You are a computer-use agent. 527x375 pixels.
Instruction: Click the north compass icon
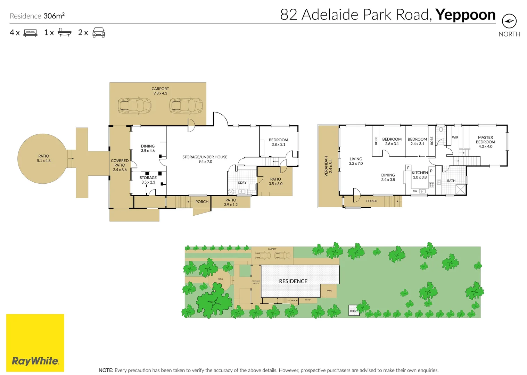[x=509, y=21]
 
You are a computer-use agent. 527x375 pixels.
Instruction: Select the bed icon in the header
[x=30, y=33]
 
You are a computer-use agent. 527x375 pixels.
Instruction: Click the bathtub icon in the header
[x=64, y=33]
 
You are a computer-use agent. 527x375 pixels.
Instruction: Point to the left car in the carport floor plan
[x=134, y=106]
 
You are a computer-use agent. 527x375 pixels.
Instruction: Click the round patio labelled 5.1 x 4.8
[x=44, y=159]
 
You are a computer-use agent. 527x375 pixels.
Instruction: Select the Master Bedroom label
[x=485, y=142]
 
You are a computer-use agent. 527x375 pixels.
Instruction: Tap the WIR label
[x=455, y=137]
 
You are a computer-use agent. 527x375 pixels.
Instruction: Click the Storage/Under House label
[x=205, y=159]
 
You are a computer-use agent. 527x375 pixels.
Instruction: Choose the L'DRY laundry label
[x=242, y=183]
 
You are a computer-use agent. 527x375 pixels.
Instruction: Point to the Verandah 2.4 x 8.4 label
[x=328, y=166]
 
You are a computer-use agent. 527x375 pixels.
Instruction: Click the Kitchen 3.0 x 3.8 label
[x=420, y=175]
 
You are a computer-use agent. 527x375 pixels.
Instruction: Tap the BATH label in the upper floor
[x=451, y=181]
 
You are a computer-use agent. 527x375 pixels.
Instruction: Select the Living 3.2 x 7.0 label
[x=356, y=161]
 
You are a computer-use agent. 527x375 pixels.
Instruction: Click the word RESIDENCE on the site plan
[x=293, y=281]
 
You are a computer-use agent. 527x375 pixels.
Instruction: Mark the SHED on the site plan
[x=353, y=310]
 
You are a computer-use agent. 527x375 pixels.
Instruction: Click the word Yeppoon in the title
[x=465, y=15]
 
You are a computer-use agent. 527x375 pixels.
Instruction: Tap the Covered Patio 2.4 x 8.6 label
[x=120, y=165]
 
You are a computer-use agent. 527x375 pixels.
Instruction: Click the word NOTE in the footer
[x=106, y=370]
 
